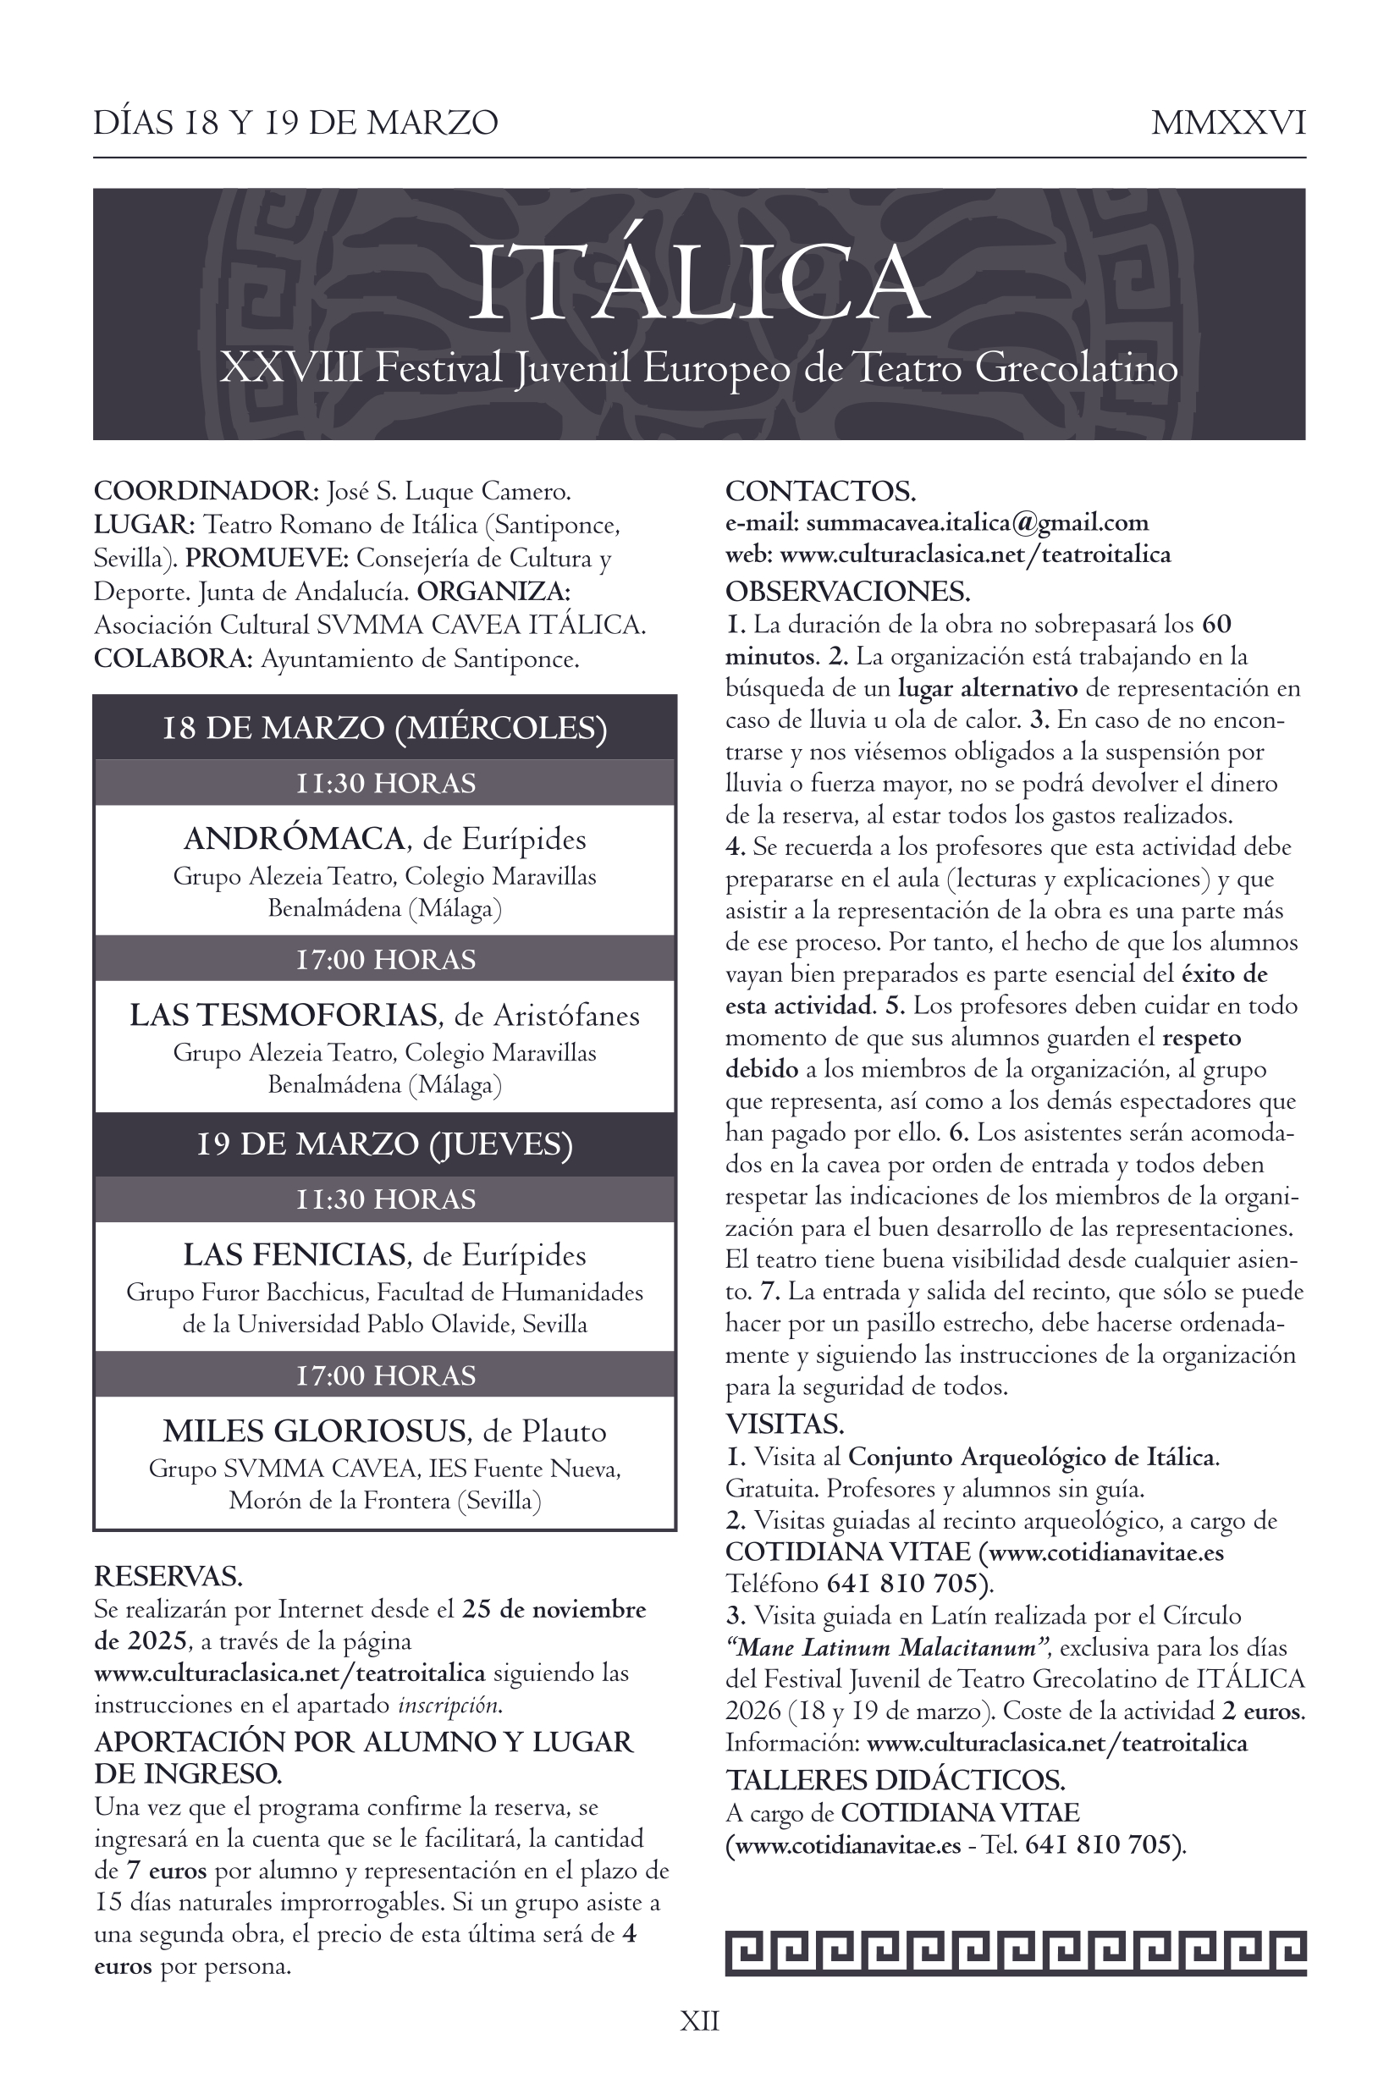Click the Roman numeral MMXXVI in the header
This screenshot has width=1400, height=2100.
[1227, 123]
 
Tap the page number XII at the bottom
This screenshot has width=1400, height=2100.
[699, 2020]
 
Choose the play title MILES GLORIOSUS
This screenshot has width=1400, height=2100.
[315, 1431]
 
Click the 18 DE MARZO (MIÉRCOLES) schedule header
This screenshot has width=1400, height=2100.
[385, 728]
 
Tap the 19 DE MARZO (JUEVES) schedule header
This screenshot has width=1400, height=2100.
[385, 1144]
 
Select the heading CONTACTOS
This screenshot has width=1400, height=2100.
[819, 491]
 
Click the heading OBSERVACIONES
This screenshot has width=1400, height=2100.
[847, 591]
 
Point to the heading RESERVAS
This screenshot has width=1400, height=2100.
[168, 1577]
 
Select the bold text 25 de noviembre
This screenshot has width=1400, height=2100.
[554, 1610]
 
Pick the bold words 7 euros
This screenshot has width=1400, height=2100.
[167, 1871]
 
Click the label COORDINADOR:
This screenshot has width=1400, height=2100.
[206, 491]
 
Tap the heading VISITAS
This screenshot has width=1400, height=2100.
[784, 1423]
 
